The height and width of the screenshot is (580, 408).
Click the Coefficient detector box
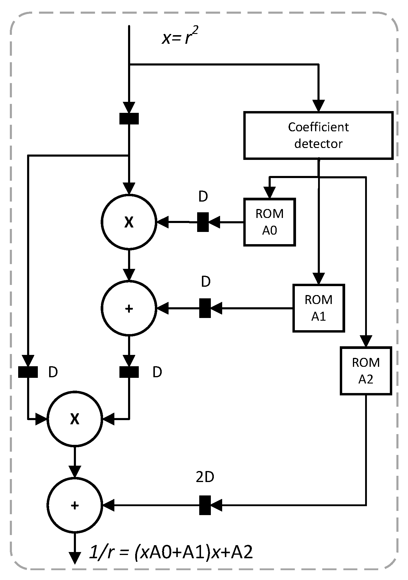coord(318,135)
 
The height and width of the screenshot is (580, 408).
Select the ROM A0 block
coord(269,222)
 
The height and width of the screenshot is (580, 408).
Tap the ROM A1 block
coord(318,308)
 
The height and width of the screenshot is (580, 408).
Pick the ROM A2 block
coord(365,371)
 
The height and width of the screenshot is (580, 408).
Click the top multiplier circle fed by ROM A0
coord(129,222)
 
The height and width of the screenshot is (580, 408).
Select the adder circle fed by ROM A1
coord(129,308)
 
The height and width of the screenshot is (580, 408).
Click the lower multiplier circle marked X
coord(75,419)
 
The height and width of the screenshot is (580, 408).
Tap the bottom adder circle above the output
coord(75,505)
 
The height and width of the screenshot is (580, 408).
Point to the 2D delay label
coord(205,477)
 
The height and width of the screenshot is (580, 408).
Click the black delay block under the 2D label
coord(205,505)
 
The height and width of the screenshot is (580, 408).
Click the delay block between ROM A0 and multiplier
coord(203,222)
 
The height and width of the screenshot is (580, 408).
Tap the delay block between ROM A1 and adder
coord(205,308)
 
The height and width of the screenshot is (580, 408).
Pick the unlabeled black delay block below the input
coord(129,119)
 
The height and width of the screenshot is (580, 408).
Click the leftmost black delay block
coord(28,372)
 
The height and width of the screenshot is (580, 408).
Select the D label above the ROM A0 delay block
coord(203,197)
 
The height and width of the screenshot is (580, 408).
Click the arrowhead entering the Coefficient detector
coord(318,106)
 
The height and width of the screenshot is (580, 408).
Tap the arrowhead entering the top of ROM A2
coord(366,341)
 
